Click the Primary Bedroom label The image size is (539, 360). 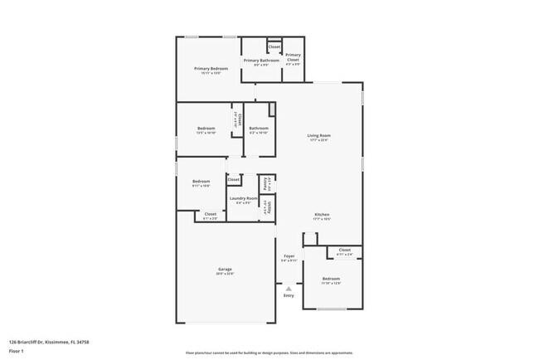(211, 68)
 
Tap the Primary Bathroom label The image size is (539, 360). (260, 61)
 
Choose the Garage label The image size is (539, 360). (225, 270)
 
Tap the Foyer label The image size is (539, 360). (289, 256)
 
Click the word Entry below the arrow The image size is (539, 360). (289, 295)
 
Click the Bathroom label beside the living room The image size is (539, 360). (258, 128)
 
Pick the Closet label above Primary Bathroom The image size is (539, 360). (274, 47)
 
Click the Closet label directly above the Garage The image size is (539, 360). (211, 214)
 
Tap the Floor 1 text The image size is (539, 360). (17, 351)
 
